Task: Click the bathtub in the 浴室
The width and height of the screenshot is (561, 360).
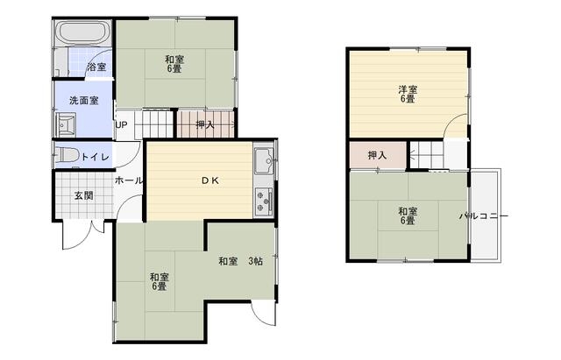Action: point(83,32)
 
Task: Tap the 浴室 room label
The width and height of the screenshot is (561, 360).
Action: point(96,67)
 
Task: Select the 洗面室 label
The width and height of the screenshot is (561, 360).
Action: point(84,101)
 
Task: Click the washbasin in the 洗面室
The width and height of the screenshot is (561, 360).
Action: point(66,124)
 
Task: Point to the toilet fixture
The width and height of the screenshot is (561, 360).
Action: point(67,156)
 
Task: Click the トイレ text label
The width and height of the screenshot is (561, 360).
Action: point(96,157)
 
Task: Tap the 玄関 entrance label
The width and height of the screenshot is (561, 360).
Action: point(84,195)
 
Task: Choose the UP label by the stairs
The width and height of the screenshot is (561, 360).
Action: point(121,125)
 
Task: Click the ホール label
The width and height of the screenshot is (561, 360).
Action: point(129,180)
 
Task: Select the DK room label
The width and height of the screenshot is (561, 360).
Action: point(210,180)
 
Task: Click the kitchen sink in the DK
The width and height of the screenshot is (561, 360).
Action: point(265,160)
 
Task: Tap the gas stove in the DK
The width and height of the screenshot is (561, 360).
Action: point(264,202)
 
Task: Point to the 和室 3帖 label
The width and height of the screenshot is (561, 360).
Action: point(240,261)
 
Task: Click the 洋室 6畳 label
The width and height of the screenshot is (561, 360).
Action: point(408,94)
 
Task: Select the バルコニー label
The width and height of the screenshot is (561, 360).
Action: point(484,216)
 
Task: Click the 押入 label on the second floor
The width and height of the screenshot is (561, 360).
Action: point(378,156)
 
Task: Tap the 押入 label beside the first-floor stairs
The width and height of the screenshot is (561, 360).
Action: point(205,124)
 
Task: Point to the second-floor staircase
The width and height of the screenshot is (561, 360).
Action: point(427,155)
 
